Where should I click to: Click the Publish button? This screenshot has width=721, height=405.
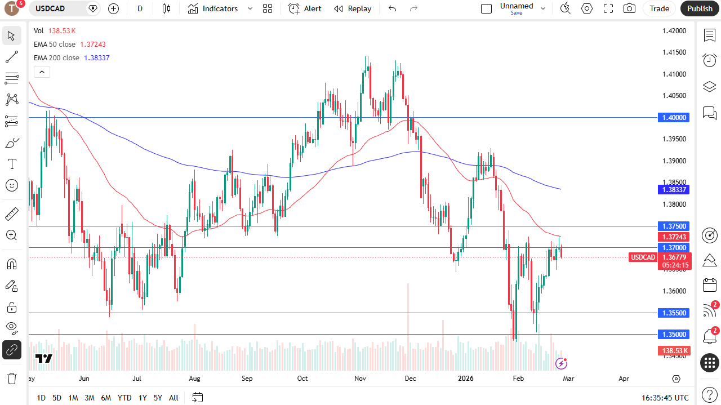700,8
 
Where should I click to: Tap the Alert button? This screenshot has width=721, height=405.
305,8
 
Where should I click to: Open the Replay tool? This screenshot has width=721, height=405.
353,8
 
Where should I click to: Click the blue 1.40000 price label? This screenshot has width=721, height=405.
674,117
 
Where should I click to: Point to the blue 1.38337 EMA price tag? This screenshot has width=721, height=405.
674,190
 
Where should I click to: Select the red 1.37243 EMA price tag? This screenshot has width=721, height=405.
674,237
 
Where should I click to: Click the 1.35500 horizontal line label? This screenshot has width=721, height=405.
674,313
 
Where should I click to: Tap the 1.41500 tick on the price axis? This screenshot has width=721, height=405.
674,52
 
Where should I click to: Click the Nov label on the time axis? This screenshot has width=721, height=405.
361,379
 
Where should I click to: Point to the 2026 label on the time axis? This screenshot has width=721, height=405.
466,379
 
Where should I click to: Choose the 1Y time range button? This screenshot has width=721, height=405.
143,398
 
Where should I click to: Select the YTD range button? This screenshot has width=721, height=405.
124,398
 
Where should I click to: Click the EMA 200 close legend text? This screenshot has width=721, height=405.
56,57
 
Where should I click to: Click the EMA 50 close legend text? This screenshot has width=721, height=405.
55,44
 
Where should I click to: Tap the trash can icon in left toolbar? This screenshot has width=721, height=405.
11,378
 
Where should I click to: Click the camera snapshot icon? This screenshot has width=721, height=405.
629,8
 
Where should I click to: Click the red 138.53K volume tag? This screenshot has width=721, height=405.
674,351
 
